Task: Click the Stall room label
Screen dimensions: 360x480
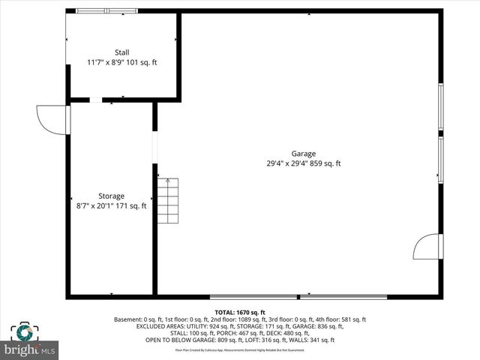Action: (121, 52)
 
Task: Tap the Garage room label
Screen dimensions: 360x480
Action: (304, 153)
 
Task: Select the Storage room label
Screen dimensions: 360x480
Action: (111, 196)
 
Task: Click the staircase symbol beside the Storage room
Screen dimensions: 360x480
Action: (168, 201)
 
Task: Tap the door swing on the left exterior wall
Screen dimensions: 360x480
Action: (51, 119)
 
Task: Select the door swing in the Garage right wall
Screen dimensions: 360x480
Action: (429, 247)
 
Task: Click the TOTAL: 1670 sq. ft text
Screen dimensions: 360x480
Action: (240, 312)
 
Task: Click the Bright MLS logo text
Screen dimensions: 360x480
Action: (30, 349)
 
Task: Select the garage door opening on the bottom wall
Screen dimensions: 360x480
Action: (298, 297)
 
